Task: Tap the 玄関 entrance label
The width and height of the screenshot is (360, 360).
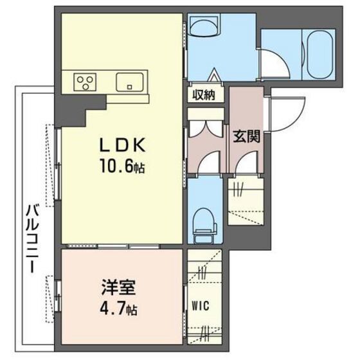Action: [x=246, y=136]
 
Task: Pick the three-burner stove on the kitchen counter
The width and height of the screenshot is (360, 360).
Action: [x=84, y=82]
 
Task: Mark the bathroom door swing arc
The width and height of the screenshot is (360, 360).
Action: [x=271, y=62]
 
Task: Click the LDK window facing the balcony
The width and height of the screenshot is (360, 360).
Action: [x=57, y=161]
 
